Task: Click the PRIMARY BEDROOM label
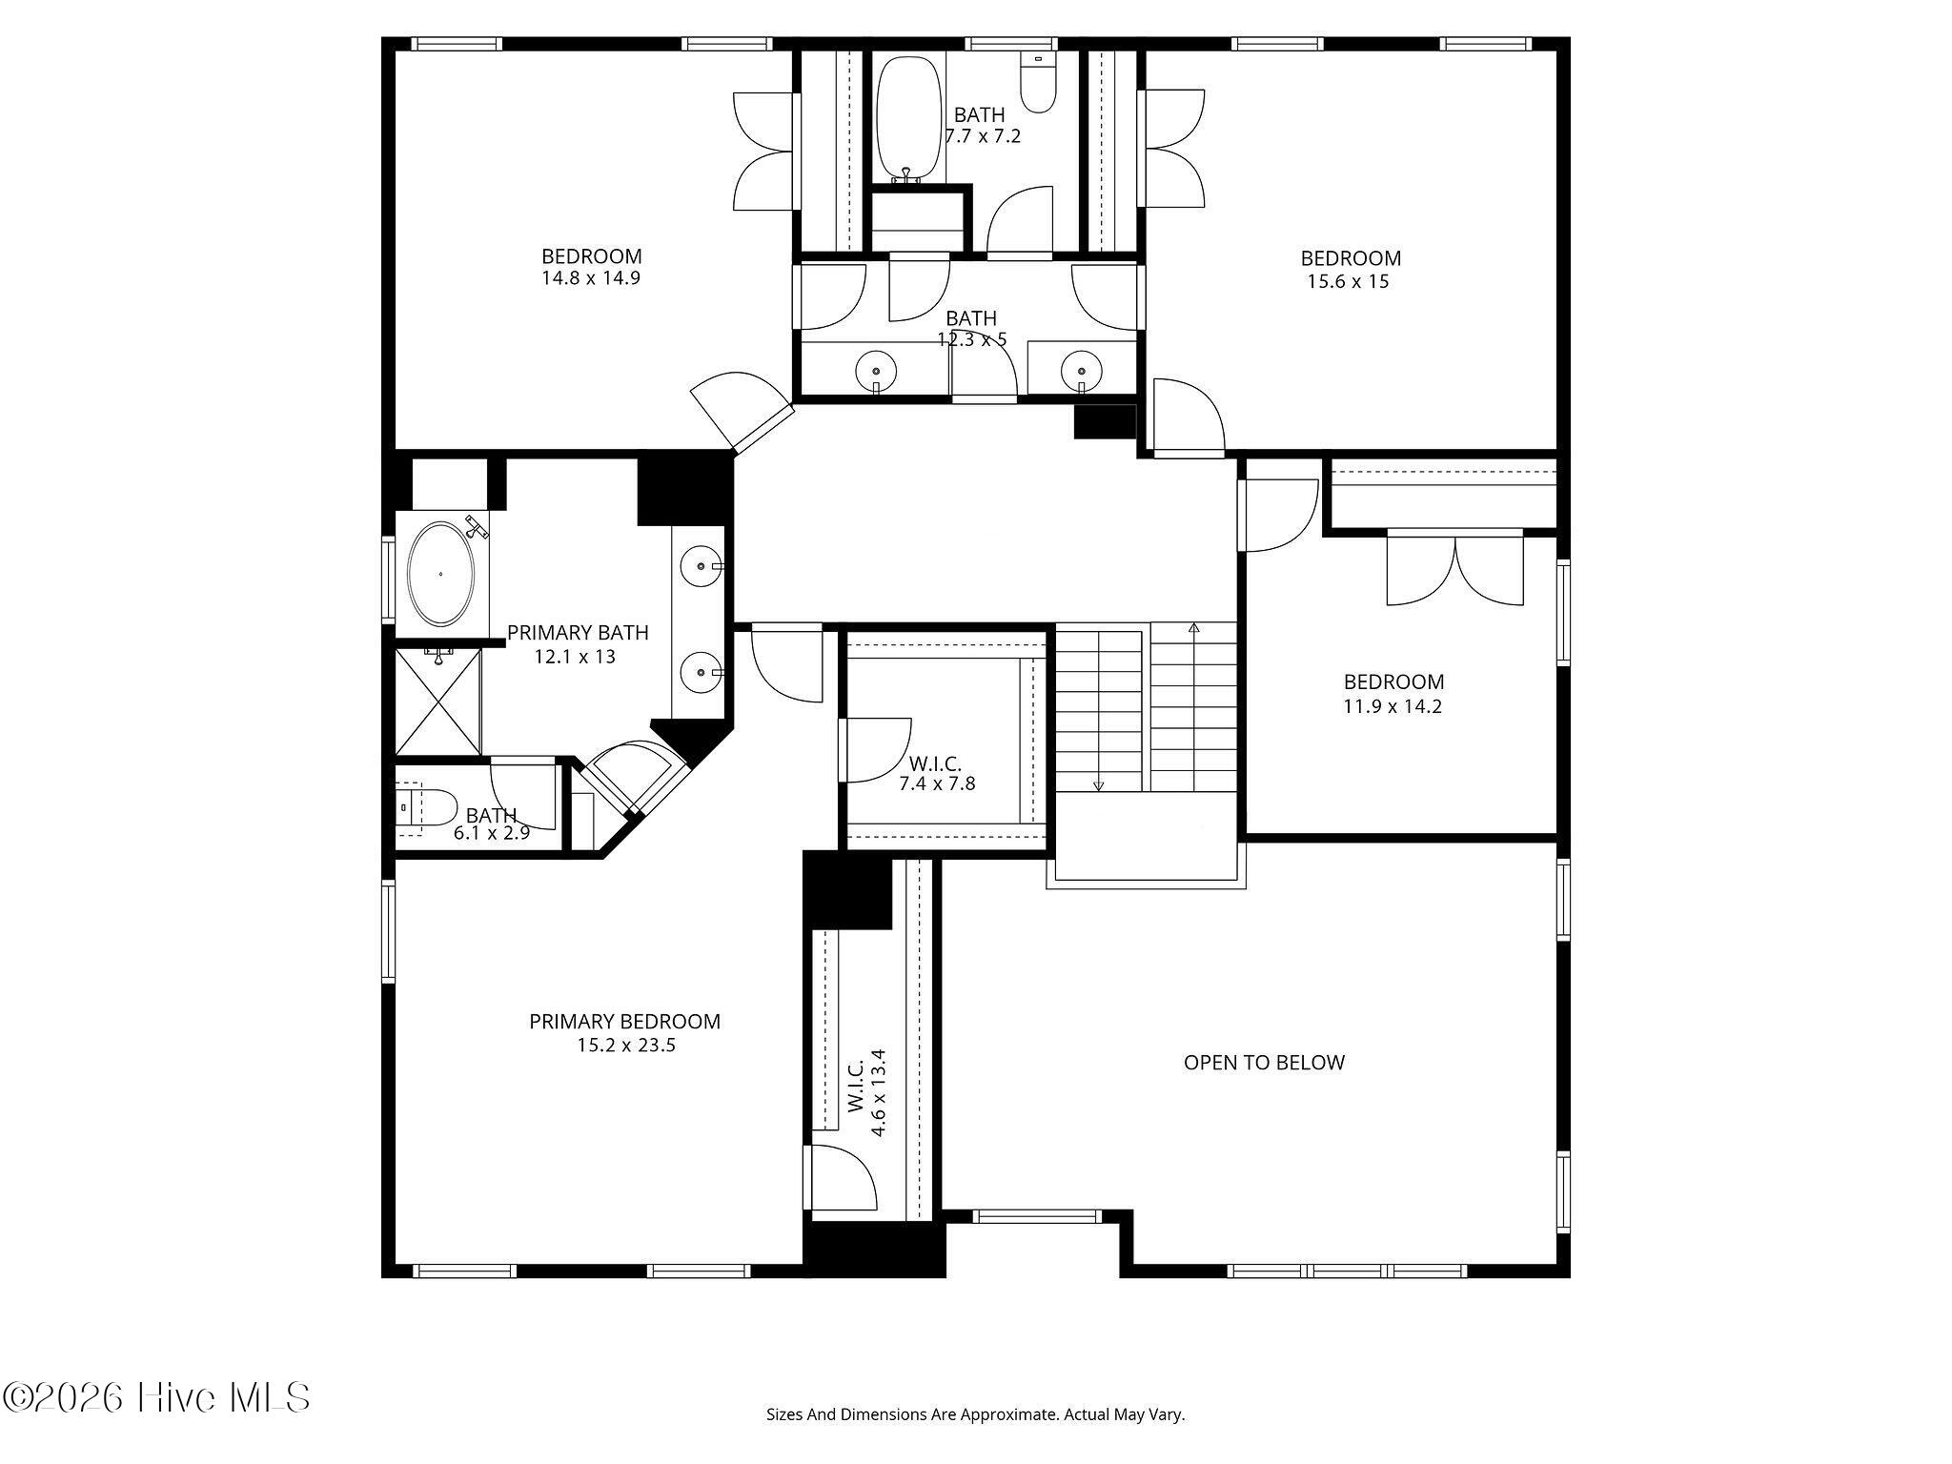click(624, 1022)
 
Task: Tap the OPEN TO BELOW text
click(1264, 1063)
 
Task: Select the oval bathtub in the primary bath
click(440, 574)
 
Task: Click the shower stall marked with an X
click(438, 701)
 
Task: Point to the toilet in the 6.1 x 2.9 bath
click(426, 807)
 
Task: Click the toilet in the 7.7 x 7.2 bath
click(1038, 83)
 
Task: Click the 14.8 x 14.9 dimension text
click(590, 278)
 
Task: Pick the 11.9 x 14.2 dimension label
click(1393, 707)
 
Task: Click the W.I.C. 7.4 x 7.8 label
click(936, 774)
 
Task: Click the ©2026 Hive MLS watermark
click(157, 1398)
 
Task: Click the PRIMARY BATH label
click(578, 633)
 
